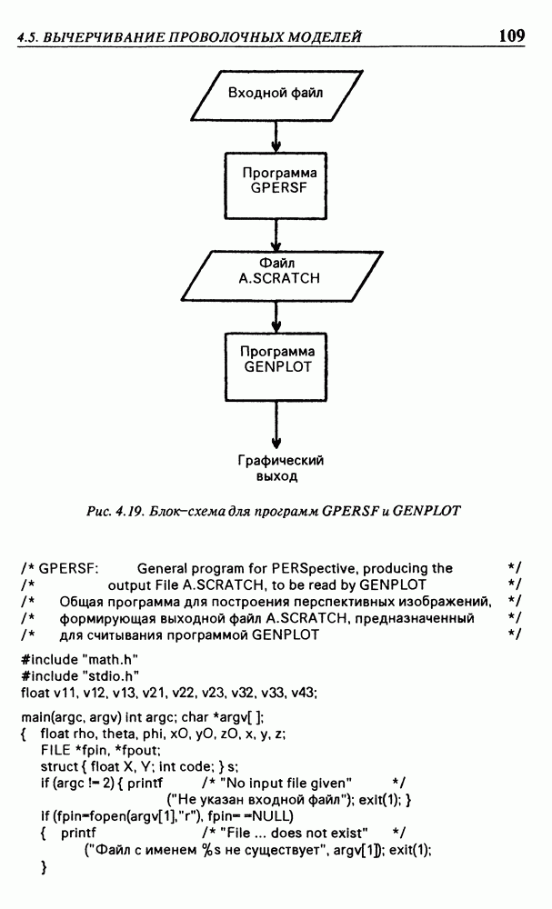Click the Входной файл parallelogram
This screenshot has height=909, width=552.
pos(276,93)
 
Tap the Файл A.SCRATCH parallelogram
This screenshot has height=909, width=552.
pos(276,271)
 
